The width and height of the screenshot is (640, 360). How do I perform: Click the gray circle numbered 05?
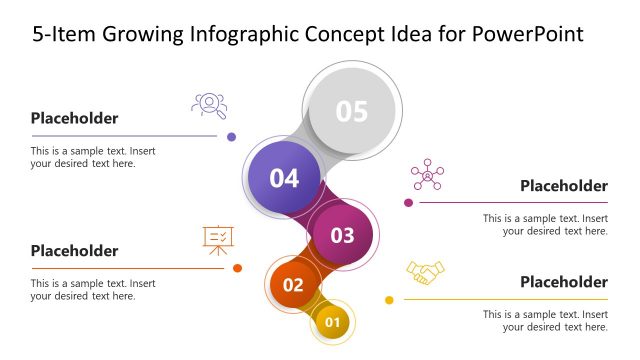352,111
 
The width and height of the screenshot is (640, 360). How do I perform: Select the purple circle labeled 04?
285,178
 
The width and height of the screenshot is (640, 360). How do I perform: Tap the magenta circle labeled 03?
342,235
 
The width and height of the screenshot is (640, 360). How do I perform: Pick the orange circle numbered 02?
293,284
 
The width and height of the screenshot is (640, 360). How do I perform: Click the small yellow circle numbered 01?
333,322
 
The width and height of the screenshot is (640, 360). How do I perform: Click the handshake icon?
425,272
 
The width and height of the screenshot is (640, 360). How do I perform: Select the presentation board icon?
217,238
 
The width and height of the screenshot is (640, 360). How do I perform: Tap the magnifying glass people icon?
209,104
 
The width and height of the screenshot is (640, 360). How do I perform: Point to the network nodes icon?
427,174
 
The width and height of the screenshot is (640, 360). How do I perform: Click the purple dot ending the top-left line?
232,137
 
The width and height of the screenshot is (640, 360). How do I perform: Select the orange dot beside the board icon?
237,268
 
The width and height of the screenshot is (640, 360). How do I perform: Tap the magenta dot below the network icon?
408,203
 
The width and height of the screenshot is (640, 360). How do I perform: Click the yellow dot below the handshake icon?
389,300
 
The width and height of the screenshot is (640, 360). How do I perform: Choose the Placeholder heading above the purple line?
74,118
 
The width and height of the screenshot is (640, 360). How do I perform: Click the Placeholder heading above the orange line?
74,251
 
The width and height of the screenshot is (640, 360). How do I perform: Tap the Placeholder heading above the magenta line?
564,185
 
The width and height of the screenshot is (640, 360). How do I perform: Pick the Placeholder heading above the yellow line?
564,282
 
